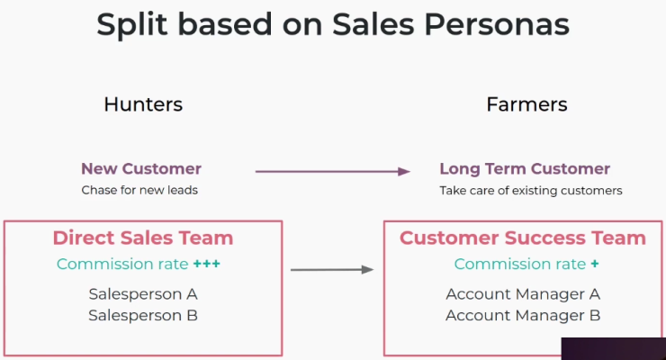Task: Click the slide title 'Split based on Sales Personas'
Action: [333, 25]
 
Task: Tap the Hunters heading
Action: [143, 104]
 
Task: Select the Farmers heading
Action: [526, 104]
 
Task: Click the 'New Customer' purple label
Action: [141, 168]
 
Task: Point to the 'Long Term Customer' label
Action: [525, 168]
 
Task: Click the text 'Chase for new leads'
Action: [139, 190]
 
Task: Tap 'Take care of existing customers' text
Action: [531, 190]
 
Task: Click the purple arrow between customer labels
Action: [333, 172]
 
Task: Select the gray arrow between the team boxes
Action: [332, 270]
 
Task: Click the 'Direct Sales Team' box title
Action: [143, 238]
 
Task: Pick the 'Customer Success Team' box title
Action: [522, 238]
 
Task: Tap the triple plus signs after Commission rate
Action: [207, 264]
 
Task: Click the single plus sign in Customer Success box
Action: [595, 264]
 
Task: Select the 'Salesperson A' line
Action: [143, 293]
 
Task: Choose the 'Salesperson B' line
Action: [143, 315]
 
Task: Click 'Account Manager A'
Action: [523, 293]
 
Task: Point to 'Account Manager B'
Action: [523, 315]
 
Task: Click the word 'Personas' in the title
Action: [497, 25]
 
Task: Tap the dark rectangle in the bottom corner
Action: [613, 349]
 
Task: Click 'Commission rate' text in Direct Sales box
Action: [122, 264]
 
